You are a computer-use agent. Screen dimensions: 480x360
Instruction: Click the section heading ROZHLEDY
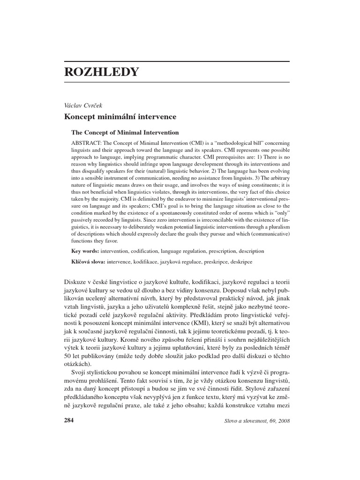click(101, 72)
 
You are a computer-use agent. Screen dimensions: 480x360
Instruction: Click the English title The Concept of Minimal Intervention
click(125, 133)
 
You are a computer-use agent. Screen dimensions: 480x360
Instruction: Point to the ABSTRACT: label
click(87, 142)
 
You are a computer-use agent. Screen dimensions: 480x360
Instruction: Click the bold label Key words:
click(85, 251)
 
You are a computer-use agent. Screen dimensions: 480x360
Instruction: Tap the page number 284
click(69, 420)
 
